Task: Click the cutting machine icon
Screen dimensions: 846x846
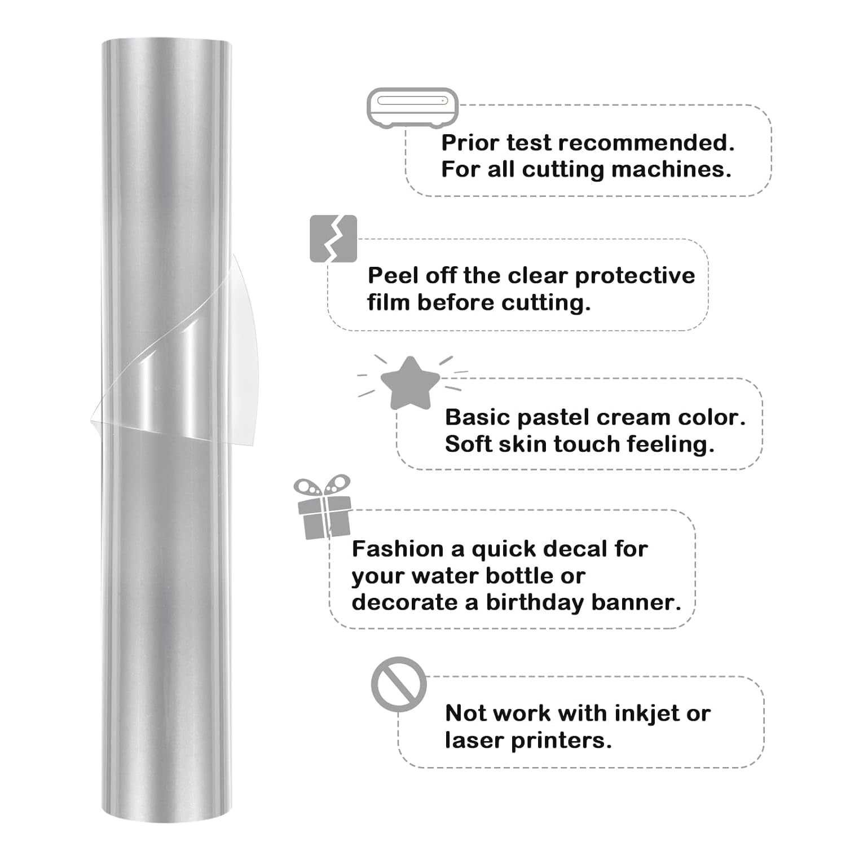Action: (x=412, y=107)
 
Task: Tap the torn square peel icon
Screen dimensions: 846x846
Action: (x=333, y=239)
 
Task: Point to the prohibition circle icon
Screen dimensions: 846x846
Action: (x=399, y=684)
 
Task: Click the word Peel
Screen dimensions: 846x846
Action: (x=393, y=276)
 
